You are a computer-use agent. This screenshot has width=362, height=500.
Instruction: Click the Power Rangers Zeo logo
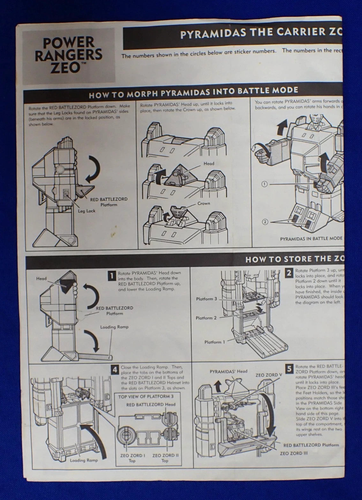(x=68, y=55)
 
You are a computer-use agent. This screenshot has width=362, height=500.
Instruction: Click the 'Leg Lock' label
(x=87, y=211)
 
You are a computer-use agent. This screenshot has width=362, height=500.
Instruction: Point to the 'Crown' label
(x=204, y=203)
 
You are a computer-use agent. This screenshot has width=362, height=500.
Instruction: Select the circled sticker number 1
(x=264, y=184)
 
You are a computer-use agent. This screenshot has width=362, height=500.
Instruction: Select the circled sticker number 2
(x=264, y=222)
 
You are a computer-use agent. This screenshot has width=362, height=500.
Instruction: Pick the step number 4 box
(x=115, y=370)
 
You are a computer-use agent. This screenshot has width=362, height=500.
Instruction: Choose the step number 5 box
(x=289, y=369)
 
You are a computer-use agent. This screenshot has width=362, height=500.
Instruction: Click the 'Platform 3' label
(x=206, y=299)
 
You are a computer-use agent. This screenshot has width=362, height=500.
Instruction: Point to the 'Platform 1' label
(x=215, y=342)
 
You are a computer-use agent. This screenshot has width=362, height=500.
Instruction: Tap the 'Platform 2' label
(x=206, y=318)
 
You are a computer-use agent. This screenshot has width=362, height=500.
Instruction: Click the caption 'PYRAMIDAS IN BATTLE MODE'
(x=311, y=238)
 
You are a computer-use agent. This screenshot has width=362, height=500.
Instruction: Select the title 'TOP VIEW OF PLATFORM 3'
(x=146, y=397)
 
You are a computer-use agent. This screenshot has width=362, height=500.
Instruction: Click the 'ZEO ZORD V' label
(x=269, y=375)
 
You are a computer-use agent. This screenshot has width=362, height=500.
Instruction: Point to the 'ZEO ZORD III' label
(x=294, y=453)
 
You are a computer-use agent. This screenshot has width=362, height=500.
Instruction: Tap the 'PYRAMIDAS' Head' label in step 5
(x=229, y=371)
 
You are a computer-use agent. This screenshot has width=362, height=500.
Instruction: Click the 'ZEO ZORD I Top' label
(x=132, y=458)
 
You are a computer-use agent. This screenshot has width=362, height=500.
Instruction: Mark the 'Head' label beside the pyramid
(x=209, y=164)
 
